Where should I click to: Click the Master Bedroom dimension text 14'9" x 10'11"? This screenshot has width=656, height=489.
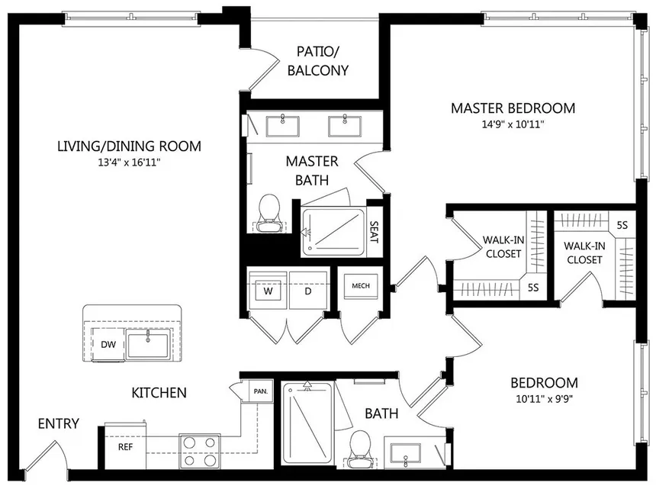coord(512,124)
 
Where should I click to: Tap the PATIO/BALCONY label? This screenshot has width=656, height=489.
coord(323,61)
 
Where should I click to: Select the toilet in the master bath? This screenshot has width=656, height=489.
coord(269,212)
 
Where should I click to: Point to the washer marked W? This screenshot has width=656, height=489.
coord(268,290)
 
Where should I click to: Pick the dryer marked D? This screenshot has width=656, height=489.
coord(308,290)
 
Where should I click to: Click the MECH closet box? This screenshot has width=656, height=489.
coord(360,286)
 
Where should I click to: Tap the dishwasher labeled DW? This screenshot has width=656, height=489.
coord(108,344)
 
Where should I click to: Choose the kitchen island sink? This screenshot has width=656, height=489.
coord(149,344)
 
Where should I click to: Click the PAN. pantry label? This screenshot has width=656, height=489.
coord(260,391)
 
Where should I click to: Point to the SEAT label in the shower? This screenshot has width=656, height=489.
coord(374,231)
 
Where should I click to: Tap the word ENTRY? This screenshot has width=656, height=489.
coord(58,423)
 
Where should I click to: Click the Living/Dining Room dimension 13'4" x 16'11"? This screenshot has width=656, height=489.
coord(129,162)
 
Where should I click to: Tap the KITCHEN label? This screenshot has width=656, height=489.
coord(159,393)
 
